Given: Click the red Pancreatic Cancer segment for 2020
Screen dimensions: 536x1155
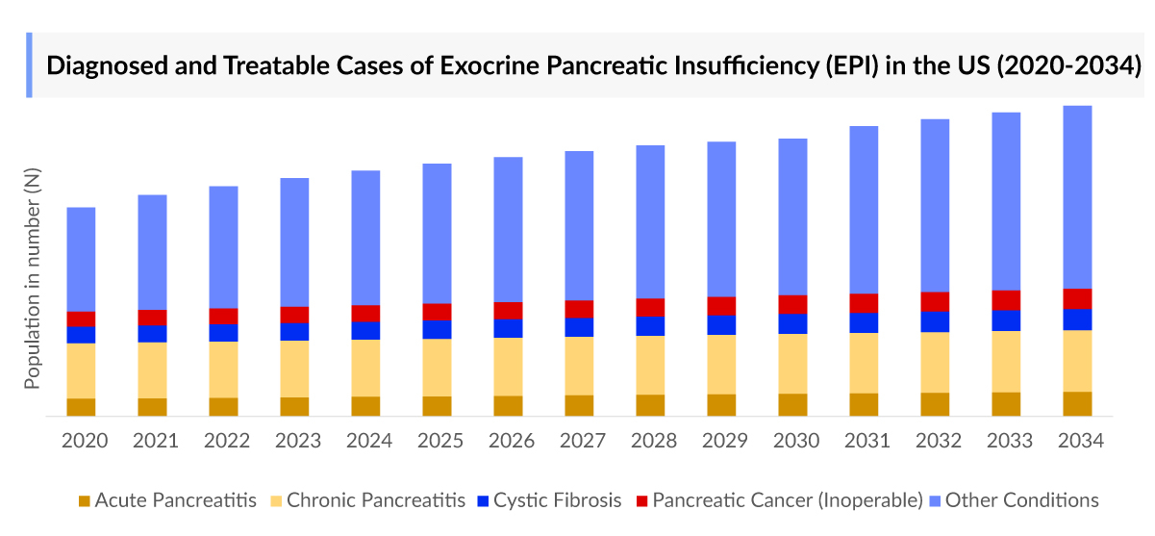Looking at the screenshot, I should point(81,319).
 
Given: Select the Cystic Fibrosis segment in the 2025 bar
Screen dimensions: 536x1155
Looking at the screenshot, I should point(437,329).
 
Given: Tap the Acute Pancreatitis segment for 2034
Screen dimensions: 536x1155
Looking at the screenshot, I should point(1077,403).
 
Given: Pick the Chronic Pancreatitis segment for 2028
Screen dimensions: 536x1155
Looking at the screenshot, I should point(650,365).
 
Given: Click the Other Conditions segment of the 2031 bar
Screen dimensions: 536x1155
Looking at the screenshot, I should point(864,210).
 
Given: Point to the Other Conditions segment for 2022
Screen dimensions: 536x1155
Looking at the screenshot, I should point(223,246).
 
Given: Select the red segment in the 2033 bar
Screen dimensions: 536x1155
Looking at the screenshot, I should point(1006,299).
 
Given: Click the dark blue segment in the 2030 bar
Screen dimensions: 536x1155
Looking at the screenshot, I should point(792,323).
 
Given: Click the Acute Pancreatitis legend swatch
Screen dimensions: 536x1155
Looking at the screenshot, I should point(84,500).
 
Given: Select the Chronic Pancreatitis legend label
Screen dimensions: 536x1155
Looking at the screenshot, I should point(376,500).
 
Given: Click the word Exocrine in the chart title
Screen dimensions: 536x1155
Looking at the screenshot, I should point(491,66).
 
